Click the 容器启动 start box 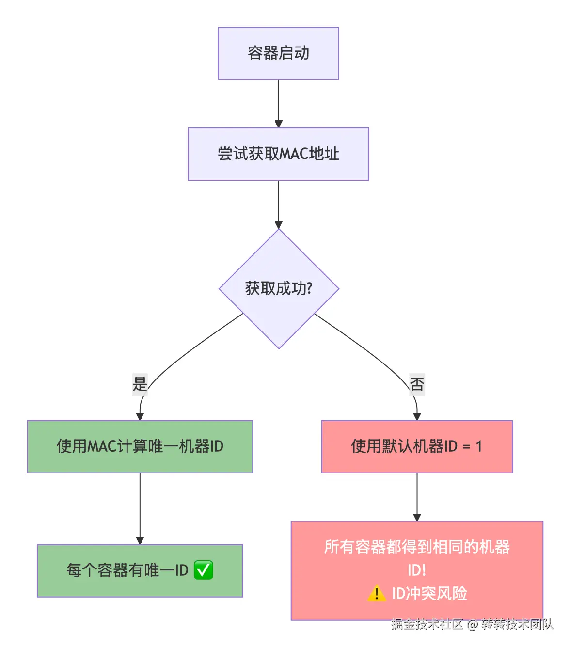pyautogui.click(x=278, y=53)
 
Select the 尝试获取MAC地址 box pyautogui.click(x=278, y=154)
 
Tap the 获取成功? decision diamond pyautogui.click(x=279, y=289)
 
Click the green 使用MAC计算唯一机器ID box pyautogui.click(x=140, y=446)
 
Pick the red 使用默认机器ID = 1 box pyautogui.click(x=417, y=446)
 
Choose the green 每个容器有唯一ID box pyautogui.click(x=140, y=570)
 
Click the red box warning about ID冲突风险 pyautogui.click(x=417, y=570)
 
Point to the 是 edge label pyautogui.click(x=140, y=384)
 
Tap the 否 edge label pyautogui.click(x=417, y=384)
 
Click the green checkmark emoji pyautogui.click(x=203, y=570)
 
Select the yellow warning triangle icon pyautogui.click(x=377, y=593)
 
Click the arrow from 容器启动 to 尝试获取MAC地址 pyautogui.click(x=278, y=103)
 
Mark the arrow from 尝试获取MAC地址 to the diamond pyautogui.click(x=278, y=204)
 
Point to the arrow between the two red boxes pyautogui.click(x=417, y=496)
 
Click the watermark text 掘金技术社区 pyautogui.click(x=427, y=624)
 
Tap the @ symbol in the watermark pyautogui.click(x=473, y=625)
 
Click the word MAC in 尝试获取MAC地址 pyautogui.click(x=294, y=154)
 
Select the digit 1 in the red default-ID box pyautogui.click(x=479, y=446)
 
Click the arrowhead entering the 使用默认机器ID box pyautogui.click(x=417, y=416)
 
